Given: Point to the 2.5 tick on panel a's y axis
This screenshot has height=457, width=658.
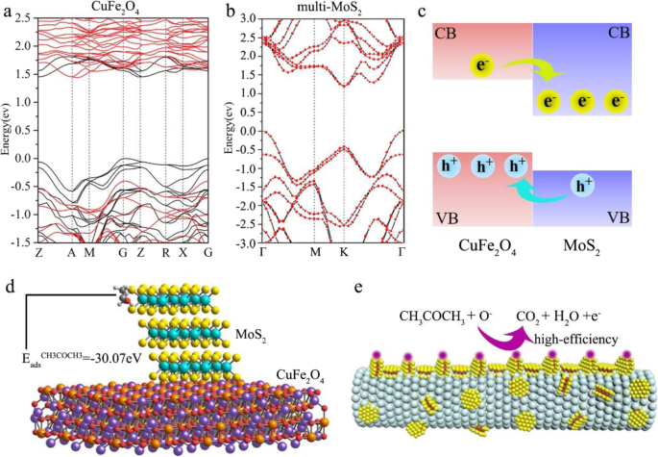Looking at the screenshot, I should (x=19, y=18).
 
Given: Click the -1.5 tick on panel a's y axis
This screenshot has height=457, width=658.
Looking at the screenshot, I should (x=17, y=241).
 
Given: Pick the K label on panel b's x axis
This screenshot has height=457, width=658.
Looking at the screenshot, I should (x=344, y=252).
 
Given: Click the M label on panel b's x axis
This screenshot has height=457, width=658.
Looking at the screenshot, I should (x=314, y=252).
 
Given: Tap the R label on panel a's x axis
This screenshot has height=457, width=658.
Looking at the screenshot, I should (x=165, y=252).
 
